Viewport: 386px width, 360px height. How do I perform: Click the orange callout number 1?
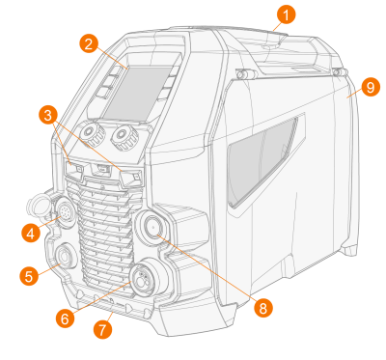tap(286, 14)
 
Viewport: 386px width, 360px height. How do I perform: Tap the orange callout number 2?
tap(89, 43)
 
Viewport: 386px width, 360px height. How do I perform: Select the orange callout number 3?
tap(48, 116)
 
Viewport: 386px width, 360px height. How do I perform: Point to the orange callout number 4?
tap(31, 233)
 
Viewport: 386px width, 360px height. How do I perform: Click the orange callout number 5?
tap(29, 276)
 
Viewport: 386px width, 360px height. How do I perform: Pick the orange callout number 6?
tap(65, 318)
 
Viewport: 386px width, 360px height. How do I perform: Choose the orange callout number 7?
tap(102, 330)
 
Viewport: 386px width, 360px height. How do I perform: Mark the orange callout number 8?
tap(263, 308)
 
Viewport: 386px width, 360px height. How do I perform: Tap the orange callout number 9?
tap(371, 87)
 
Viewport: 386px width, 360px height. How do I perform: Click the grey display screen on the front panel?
tap(139, 93)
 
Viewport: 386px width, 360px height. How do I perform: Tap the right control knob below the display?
tap(124, 136)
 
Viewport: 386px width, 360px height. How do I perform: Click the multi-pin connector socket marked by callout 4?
tap(65, 212)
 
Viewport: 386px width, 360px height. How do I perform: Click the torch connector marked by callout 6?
tap(141, 278)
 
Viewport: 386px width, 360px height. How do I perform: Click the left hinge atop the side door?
tap(244, 74)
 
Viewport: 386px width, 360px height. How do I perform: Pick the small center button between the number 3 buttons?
tap(102, 168)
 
